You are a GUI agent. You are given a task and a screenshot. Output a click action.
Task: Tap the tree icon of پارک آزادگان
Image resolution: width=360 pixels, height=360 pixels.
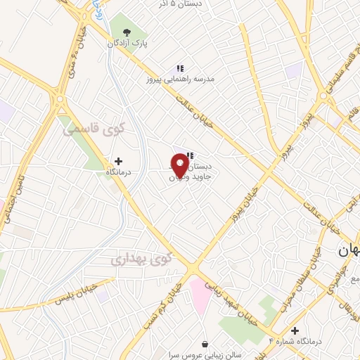(x=127, y=32)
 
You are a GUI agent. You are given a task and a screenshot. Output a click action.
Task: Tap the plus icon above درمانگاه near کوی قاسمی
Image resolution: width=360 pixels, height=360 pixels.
(x=118, y=161)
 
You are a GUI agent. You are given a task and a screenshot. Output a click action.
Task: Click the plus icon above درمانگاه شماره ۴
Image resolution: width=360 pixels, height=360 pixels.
(x=295, y=330)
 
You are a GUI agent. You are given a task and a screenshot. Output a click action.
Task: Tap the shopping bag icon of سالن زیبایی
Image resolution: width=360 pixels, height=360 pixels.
(x=205, y=344)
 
